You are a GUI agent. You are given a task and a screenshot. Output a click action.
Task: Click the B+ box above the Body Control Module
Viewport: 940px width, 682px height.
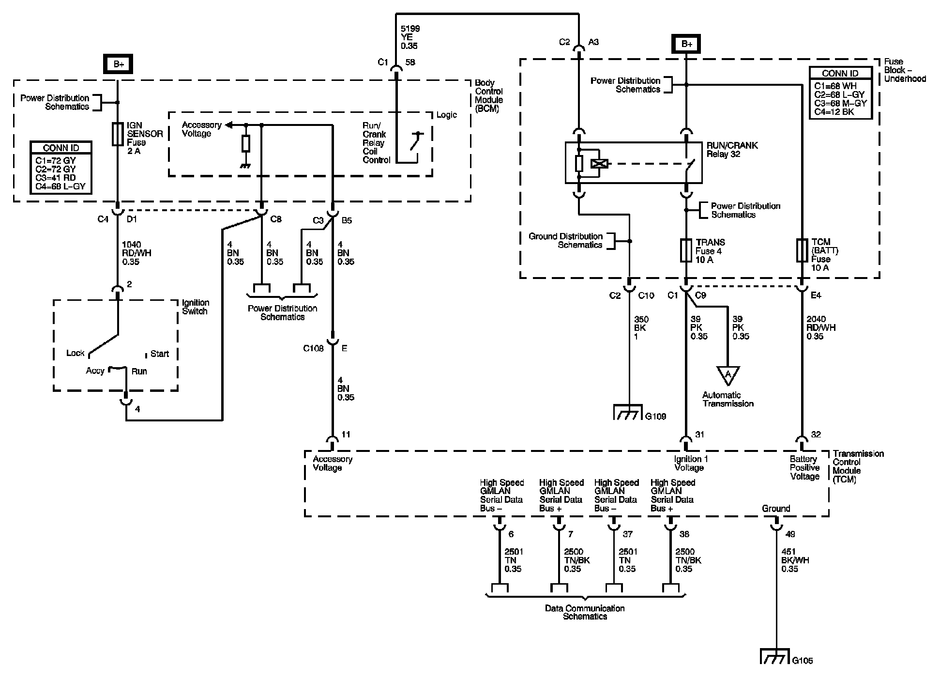[119, 64]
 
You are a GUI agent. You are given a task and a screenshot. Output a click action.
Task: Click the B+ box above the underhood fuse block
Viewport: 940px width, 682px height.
[687, 45]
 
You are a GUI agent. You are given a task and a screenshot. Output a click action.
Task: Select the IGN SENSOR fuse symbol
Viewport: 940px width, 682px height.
[118, 134]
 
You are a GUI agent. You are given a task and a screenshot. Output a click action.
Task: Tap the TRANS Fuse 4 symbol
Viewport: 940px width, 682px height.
[686, 250]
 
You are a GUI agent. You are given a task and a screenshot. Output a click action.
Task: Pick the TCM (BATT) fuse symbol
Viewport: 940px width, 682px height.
[802, 250]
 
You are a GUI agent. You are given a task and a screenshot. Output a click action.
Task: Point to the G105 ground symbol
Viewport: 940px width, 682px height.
[775, 657]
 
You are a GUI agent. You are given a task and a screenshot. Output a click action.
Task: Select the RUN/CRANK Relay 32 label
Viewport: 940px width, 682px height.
[732, 150]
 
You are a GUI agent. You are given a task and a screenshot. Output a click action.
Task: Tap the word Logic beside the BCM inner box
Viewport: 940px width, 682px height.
[446, 115]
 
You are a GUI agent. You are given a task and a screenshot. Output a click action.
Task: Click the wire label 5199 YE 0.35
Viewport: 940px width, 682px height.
[410, 37]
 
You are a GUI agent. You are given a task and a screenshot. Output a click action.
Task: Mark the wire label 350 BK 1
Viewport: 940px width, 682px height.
[641, 327]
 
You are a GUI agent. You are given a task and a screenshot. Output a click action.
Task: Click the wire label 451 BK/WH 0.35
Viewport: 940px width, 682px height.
[795, 560]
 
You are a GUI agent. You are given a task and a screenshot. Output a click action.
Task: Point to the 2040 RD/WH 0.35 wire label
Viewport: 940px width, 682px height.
[821, 327]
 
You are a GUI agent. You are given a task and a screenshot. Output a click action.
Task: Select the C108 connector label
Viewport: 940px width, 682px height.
[313, 348]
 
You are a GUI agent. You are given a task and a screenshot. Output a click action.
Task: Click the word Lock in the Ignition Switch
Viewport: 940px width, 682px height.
[75, 353]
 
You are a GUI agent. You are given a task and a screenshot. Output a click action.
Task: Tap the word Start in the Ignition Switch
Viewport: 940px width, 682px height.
[159, 354]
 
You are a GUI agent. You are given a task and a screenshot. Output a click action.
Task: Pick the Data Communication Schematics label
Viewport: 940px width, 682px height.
[585, 612]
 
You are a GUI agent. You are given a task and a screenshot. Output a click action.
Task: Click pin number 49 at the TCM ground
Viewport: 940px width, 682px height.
[790, 534]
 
